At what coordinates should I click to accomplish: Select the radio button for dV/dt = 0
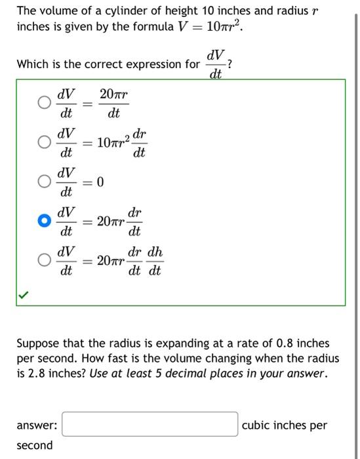pos(44,182)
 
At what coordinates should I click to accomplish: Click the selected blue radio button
pos(44,222)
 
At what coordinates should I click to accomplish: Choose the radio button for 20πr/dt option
pos(44,103)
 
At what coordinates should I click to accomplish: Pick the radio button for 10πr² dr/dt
pos(44,142)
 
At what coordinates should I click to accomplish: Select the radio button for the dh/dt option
pos(44,260)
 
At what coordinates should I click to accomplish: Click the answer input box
pos(150,424)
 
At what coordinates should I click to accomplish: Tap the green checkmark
pos(24,296)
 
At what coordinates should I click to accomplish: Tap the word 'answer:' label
pos(37,425)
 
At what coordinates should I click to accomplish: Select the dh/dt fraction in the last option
pos(155,261)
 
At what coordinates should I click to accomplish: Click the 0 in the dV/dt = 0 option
pos(100,182)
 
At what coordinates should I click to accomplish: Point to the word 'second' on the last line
pos(35,445)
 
